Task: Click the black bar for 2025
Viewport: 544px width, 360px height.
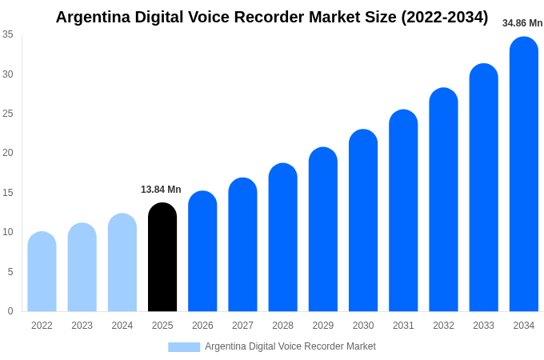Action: tap(162, 258)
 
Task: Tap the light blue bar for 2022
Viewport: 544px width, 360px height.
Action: tap(42, 272)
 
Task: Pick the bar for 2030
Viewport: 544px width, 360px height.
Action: tap(363, 221)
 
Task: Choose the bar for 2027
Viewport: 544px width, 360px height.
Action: tap(242, 245)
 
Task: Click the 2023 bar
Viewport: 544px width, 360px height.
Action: tap(82, 268)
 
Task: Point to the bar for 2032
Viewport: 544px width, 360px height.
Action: tap(443, 200)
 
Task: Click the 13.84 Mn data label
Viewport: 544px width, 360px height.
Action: tap(161, 190)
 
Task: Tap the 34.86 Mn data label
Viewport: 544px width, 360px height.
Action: tap(522, 23)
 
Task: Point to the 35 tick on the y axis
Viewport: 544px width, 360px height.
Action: tap(8, 34)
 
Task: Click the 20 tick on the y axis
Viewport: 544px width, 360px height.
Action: tap(8, 153)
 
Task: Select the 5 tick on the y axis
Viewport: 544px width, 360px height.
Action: tap(10, 272)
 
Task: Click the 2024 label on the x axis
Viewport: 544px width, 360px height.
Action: tap(122, 326)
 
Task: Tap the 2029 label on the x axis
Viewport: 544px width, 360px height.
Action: tap(323, 326)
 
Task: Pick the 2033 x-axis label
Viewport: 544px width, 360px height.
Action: tap(483, 326)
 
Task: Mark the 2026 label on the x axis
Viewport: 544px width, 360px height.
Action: tap(202, 326)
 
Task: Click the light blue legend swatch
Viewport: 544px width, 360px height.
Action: tap(184, 346)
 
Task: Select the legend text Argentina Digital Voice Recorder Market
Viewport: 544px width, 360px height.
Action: tap(290, 346)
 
